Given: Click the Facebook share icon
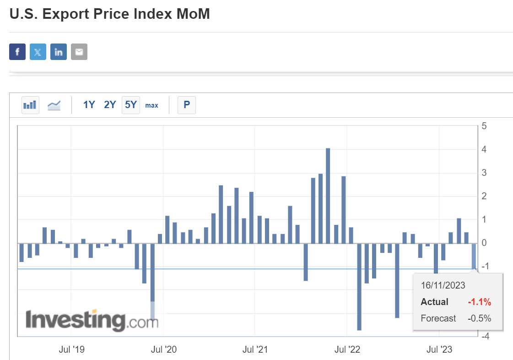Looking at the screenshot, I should click(17, 52).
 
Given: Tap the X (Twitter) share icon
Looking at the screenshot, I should click(38, 52).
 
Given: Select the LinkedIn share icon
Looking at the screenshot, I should click(59, 52).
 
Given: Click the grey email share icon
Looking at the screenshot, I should click(79, 52).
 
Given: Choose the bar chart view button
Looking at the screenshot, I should click(30, 105).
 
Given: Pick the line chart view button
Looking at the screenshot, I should click(54, 105).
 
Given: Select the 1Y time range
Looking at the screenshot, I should click(89, 105).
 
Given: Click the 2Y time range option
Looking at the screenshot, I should click(110, 105).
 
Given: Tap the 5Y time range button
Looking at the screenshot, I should click(131, 105).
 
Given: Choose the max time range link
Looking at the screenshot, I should click(151, 105).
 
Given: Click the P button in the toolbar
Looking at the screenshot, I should click(187, 105).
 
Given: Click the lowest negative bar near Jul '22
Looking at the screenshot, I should click(359, 286).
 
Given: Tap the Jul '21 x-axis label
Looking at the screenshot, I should click(255, 350).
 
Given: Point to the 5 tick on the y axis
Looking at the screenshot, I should click(484, 126).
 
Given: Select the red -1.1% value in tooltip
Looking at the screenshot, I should click(479, 302).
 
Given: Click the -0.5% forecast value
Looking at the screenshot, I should click(479, 318).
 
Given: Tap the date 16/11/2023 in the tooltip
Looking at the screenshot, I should click(443, 285).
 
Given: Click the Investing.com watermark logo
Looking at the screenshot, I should click(92, 320).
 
